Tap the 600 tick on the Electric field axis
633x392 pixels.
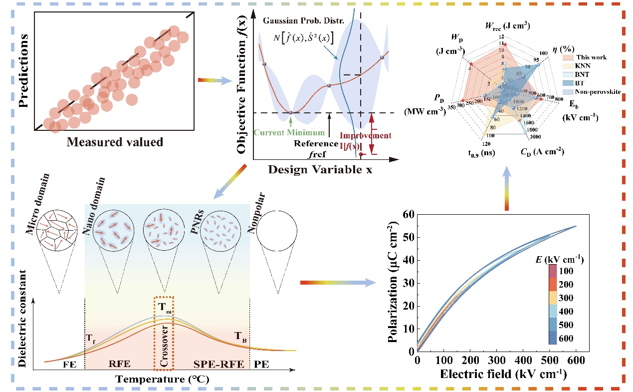coord(576,361)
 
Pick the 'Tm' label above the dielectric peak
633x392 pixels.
coord(165,306)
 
